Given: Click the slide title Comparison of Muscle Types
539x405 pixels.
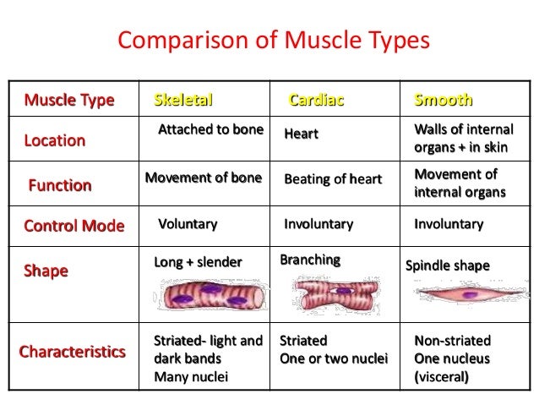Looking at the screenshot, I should tap(274, 40).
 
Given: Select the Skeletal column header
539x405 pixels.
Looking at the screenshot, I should tap(183, 101).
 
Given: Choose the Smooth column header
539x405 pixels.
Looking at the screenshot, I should tap(443, 101).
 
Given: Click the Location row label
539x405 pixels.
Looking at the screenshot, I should tap(55, 140).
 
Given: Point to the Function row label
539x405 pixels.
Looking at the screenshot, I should tap(60, 185).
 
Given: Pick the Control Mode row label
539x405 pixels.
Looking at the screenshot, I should tap(73, 226).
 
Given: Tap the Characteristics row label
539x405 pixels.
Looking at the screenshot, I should tap(73, 351).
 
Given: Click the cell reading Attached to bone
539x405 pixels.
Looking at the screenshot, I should tap(210, 130).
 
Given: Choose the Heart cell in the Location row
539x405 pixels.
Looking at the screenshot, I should tap(301, 134).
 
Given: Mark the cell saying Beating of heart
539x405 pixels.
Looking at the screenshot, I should tap(332, 179).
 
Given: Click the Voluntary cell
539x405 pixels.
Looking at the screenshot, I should tap(188, 224).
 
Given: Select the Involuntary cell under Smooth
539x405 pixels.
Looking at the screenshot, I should tap(449, 224).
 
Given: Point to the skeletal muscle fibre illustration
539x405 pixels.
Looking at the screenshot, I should tap(211, 296).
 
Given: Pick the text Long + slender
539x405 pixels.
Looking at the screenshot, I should tap(198, 262).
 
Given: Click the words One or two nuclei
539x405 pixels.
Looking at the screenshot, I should tap(333, 359).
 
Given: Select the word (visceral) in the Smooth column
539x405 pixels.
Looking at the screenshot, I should tap(441, 377).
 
